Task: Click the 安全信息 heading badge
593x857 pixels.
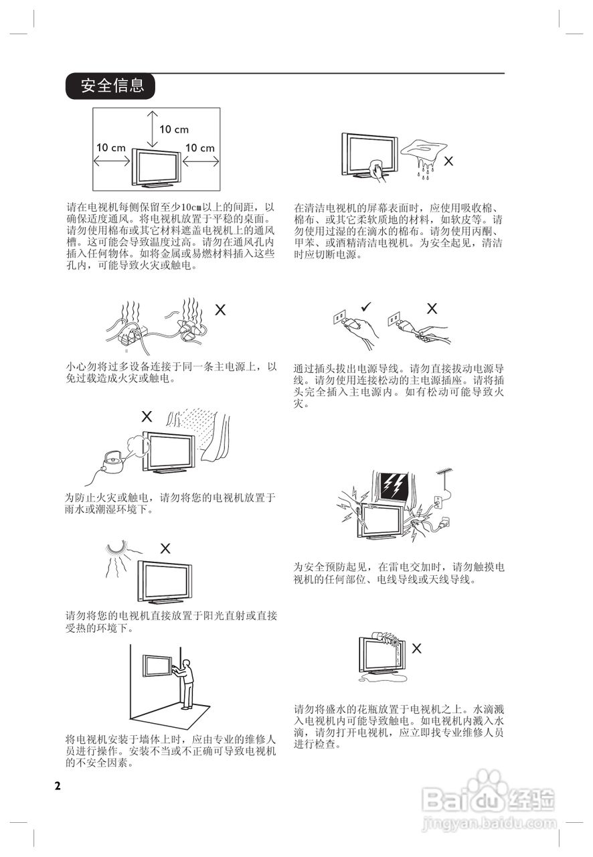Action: coord(111,86)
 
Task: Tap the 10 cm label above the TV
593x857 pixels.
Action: coord(174,129)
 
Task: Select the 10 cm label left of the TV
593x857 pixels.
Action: coord(111,147)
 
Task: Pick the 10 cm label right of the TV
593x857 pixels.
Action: coord(199,147)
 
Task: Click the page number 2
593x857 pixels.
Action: coord(58,785)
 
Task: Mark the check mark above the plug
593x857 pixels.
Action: coord(365,307)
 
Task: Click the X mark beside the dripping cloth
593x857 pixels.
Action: coord(448,161)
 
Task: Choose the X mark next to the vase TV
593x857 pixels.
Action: coord(416,647)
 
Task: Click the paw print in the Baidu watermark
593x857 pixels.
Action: coord(487,783)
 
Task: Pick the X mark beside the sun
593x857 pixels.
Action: coord(165,548)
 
